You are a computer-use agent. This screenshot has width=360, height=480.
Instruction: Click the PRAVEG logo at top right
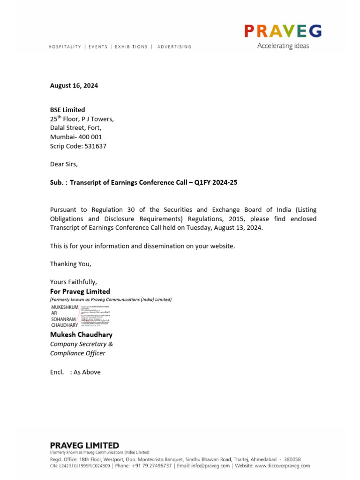click(x=283, y=31)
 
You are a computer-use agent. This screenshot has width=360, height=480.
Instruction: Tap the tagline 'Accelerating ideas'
click(x=283, y=46)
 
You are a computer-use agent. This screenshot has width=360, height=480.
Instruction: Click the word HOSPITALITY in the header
click(x=65, y=47)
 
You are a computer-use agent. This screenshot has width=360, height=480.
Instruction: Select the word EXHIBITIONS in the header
click(x=131, y=47)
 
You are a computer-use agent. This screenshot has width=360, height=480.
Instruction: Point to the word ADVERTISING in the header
click(x=174, y=47)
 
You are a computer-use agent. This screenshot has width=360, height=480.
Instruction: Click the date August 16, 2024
click(x=74, y=86)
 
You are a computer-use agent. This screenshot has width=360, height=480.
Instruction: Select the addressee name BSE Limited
click(x=67, y=110)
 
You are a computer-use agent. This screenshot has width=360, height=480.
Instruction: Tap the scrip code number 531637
click(x=95, y=146)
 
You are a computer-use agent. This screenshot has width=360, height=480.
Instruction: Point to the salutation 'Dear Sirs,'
click(x=64, y=164)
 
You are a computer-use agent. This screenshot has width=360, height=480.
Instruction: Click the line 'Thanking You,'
click(x=71, y=264)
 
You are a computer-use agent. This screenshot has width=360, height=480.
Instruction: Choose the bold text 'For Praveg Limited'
click(x=80, y=291)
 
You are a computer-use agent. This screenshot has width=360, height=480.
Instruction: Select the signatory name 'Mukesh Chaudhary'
click(x=81, y=335)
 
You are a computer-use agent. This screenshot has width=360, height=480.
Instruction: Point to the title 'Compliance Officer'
click(x=77, y=353)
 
